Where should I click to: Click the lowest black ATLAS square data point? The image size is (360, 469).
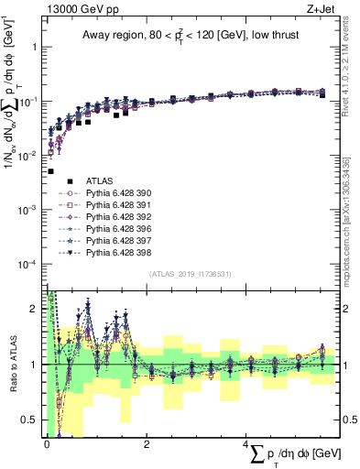50,171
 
